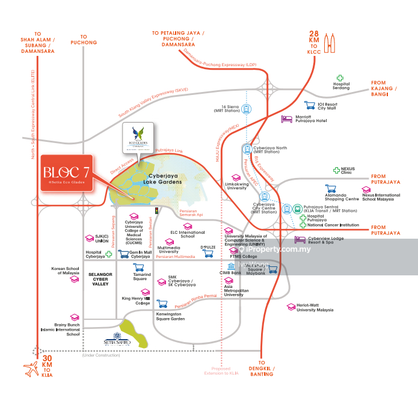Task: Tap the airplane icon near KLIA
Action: click(x=29, y=367)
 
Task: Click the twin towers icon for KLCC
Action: click(x=328, y=44)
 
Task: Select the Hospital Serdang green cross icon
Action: click(x=340, y=78)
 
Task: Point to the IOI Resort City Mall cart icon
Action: click(x=309, y=105)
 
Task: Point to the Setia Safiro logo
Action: click(x=109, y=340)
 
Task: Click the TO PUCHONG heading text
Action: click(x=83, y=39)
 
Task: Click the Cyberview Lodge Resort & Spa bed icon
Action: click(x=299, y=239)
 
